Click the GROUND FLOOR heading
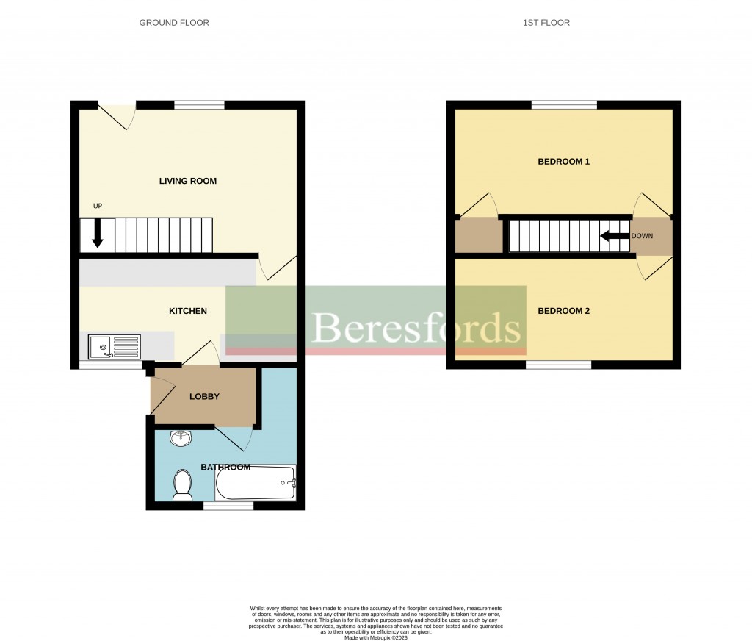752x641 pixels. click(174, 23)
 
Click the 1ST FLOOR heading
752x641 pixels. click(546, 23)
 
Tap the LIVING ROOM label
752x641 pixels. click(188, 181)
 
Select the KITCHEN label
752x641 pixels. click(188, 311)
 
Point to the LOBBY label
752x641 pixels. click(204, 397)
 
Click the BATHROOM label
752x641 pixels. click(225, 467)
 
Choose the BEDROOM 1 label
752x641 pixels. click(563, 161)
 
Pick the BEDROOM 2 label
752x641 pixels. click(563, 311)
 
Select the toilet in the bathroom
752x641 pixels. click(182, 486)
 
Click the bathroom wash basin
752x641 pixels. click(180, 439)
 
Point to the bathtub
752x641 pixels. click(255, 484)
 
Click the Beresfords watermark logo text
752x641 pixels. click(417, 328)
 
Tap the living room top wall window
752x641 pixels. click(199, 105)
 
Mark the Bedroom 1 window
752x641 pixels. click(564, 105)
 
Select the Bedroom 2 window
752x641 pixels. click(559, 365)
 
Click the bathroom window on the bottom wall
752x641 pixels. click(228, 506)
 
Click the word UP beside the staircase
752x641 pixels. click(97, 206)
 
